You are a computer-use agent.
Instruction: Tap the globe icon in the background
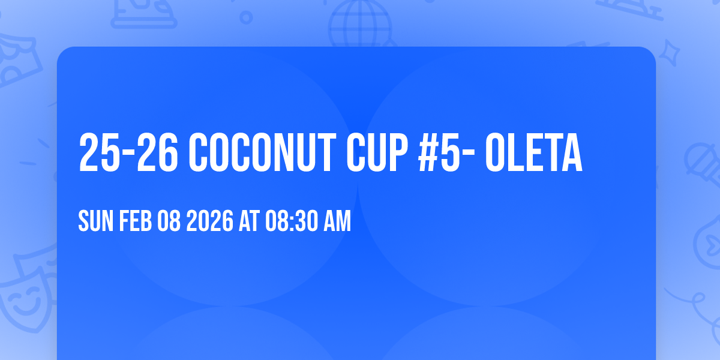(x=359, y=24)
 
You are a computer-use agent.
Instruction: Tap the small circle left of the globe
(x=246, y=17)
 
